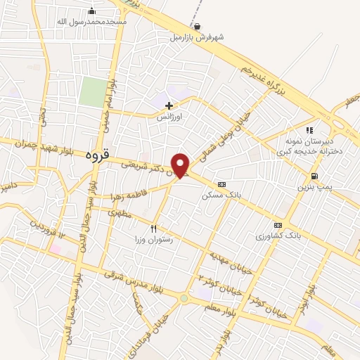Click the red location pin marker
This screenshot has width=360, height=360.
pos(181,165)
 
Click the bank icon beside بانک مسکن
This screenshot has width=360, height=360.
pos(222,184)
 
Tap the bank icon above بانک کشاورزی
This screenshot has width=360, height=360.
pos(277,226)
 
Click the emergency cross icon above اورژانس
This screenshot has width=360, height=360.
pos(169,106)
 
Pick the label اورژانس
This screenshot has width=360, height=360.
pos(169,117)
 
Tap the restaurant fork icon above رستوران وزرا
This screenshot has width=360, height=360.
pos(154,229)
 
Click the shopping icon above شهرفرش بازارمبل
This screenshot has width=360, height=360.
pos(197,27)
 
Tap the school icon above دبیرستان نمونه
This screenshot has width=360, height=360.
pos(309,130)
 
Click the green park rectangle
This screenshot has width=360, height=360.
pos(91,92)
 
